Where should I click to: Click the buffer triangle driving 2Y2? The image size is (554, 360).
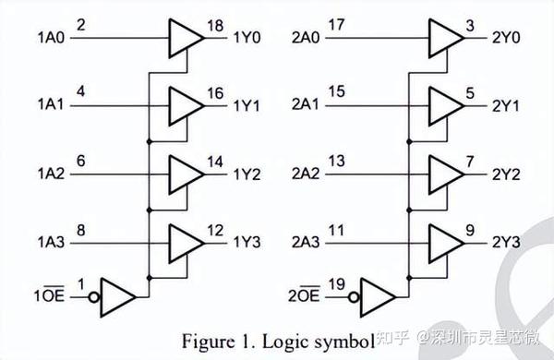[446, 174]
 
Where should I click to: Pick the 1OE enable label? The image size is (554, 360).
[51, 297]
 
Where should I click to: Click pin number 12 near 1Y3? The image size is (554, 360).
[214, 229]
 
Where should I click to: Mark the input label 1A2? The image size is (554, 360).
[51, 174]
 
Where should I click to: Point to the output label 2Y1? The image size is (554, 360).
[507, 106]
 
